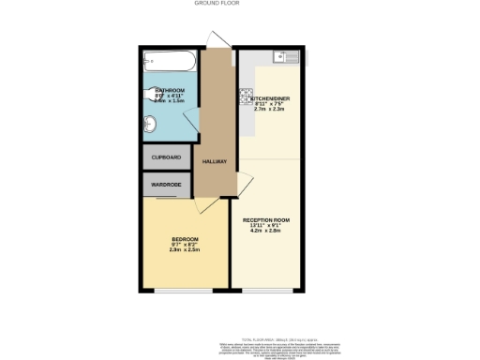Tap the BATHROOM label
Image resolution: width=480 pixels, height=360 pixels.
click(170, 90)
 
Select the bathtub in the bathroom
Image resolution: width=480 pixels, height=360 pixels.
click(169, 64)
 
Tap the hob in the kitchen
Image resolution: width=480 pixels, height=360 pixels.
click(246, 95)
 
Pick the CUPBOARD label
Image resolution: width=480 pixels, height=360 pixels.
click(166, 157)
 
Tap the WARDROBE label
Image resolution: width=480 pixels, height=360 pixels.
click(166, 183)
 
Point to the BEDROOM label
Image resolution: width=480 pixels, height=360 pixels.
click(184, 239)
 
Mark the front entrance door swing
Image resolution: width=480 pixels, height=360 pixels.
click(218, 37)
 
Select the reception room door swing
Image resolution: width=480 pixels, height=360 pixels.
click(241, 183)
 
